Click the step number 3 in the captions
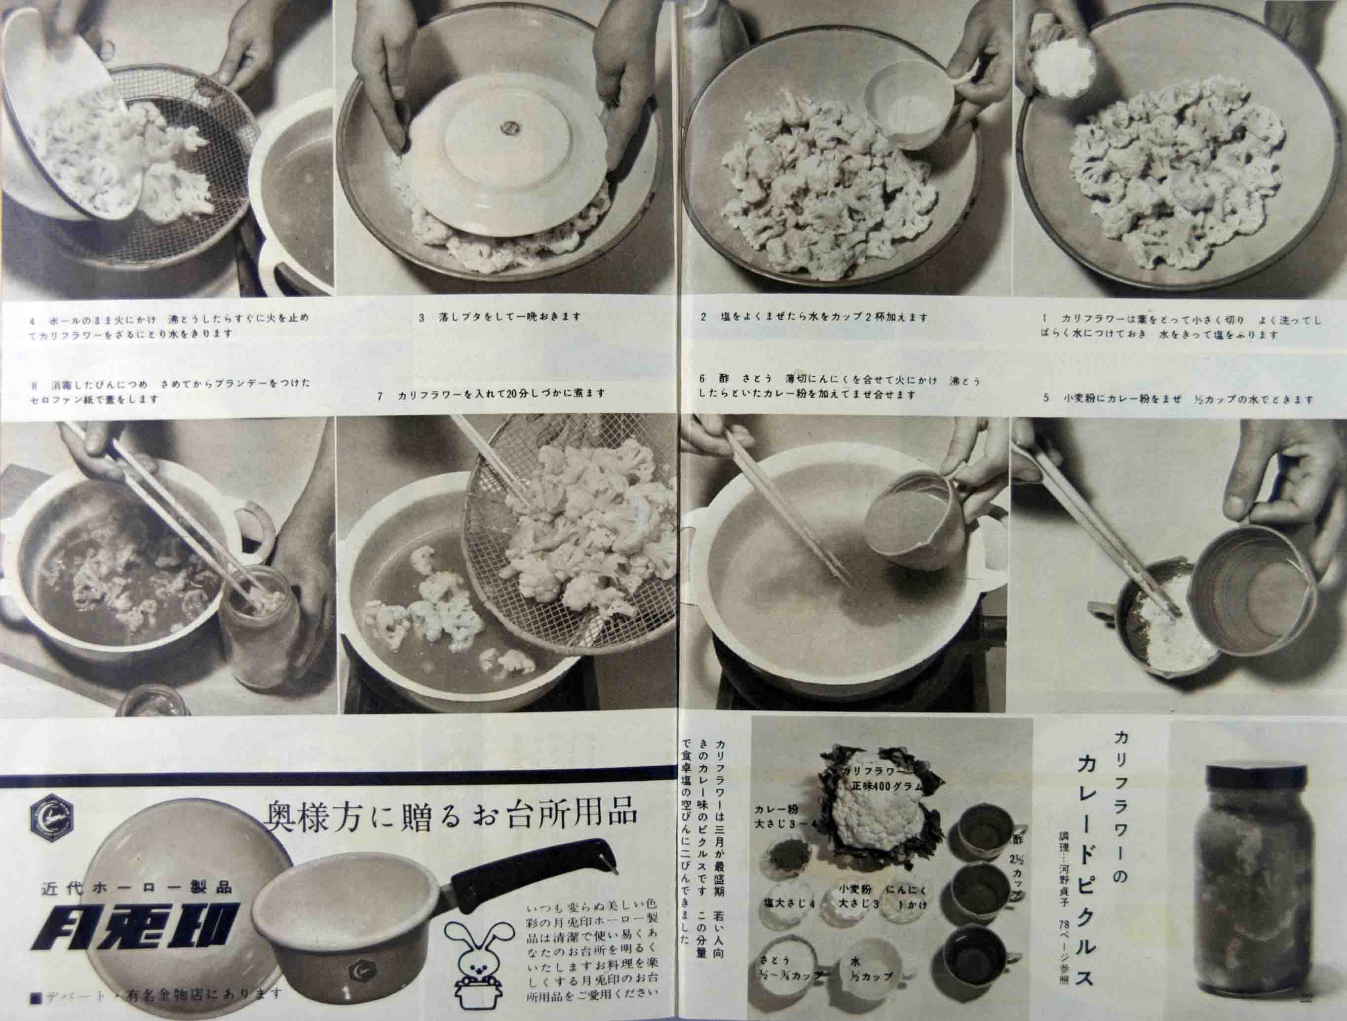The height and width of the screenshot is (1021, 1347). (422, 317)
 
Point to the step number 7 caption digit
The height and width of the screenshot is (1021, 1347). (380, 395)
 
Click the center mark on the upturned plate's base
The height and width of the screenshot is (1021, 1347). (508, 127)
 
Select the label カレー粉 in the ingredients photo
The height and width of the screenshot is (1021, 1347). (776, 810)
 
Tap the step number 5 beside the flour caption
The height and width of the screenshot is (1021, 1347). (1046, 399)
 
